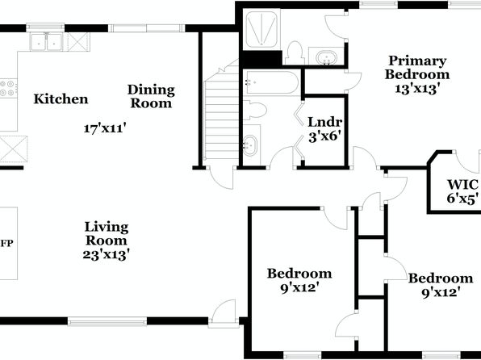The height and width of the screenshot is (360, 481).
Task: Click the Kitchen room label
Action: tap(61, 99)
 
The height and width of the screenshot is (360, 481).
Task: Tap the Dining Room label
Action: tap(151, 96)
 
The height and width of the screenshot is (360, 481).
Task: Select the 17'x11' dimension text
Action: tap(105, 128)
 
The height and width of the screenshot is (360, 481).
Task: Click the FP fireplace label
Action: tap(7, 244)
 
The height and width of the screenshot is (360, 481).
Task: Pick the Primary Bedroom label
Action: tap(417, 68)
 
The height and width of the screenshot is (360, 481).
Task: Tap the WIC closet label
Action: tap(462, 185)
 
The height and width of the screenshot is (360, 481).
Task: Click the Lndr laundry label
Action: tap(325, 122)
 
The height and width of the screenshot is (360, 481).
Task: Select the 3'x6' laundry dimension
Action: tap(325, 136)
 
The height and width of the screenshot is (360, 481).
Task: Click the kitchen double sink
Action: tap(46, 42)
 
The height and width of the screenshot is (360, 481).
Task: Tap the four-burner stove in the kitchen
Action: tap(8, 88)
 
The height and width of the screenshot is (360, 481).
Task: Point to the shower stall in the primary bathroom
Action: tap(261, 29)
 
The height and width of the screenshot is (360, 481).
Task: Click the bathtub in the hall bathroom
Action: tap(272, 82)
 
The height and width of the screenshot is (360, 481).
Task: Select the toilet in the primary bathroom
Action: tap(295, 53)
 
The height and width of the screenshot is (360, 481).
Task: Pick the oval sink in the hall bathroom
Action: tap(251, 145)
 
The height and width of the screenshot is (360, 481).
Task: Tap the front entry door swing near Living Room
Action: tap(224, 311)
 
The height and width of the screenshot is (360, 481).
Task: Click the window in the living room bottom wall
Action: tap(107, 321)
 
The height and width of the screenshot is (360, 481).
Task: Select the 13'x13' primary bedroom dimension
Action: tap(417, 89)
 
